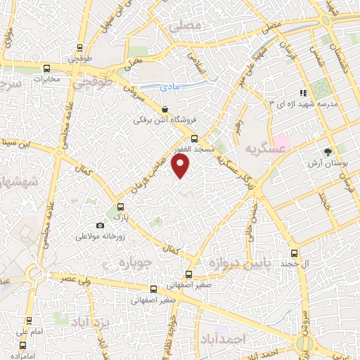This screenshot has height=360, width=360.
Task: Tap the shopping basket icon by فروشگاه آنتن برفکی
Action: pos(164,109)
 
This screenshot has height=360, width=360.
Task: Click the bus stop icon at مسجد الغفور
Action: pos(194,139)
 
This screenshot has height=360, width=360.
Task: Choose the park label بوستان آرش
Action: pos(328,163)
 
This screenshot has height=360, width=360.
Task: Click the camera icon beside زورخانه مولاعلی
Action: pos(100,225)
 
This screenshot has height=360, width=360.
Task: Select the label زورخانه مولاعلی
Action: pos(102,236)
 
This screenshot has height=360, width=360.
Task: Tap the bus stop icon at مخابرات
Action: pos(46,69)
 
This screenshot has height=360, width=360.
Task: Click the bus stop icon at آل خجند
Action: pos(295,252)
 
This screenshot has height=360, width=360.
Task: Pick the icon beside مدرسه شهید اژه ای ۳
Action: pos(303,92)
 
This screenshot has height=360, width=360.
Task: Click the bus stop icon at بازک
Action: pos(120,207)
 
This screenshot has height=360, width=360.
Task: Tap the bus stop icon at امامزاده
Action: pos(23,345)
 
